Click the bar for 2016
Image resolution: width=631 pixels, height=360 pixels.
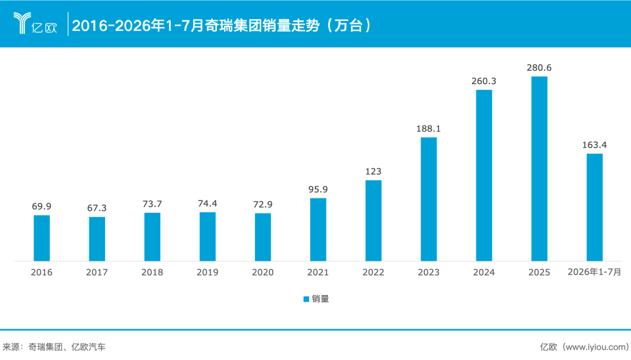[x=41, y=238]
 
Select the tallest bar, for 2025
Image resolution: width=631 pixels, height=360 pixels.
[x=539, y=169]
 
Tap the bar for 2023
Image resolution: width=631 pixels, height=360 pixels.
[x=429, y=199]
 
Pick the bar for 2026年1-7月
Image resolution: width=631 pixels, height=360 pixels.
[x=594, y=207]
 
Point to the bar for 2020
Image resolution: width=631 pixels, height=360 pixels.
[x=263, y=237]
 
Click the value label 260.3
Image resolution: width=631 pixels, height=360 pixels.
[x=484, y=81]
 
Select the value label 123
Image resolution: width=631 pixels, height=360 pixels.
[x=373, y=171]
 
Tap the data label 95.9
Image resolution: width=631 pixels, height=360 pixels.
[x=318, y=189]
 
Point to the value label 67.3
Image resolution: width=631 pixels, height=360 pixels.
[x=97, y=208]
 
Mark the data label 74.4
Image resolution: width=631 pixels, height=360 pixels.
[x=208, y=204]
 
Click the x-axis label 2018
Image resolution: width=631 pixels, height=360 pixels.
[x=152, y=273]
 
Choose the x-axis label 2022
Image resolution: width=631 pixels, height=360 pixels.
[x=373, y=273]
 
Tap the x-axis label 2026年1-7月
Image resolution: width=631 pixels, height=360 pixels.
[x=594, y=272]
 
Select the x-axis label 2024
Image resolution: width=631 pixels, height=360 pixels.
[x=484, y=273]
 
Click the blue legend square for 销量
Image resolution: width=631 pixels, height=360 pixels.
[x=306, y=299]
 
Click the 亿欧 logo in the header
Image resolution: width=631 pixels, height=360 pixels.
[x=35, y=24]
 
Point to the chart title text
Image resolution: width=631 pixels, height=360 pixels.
[x=222, y=26]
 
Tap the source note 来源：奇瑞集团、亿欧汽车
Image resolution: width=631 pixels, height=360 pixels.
[x=54, y=347]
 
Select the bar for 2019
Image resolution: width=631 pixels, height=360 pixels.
[x=208, y=237]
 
